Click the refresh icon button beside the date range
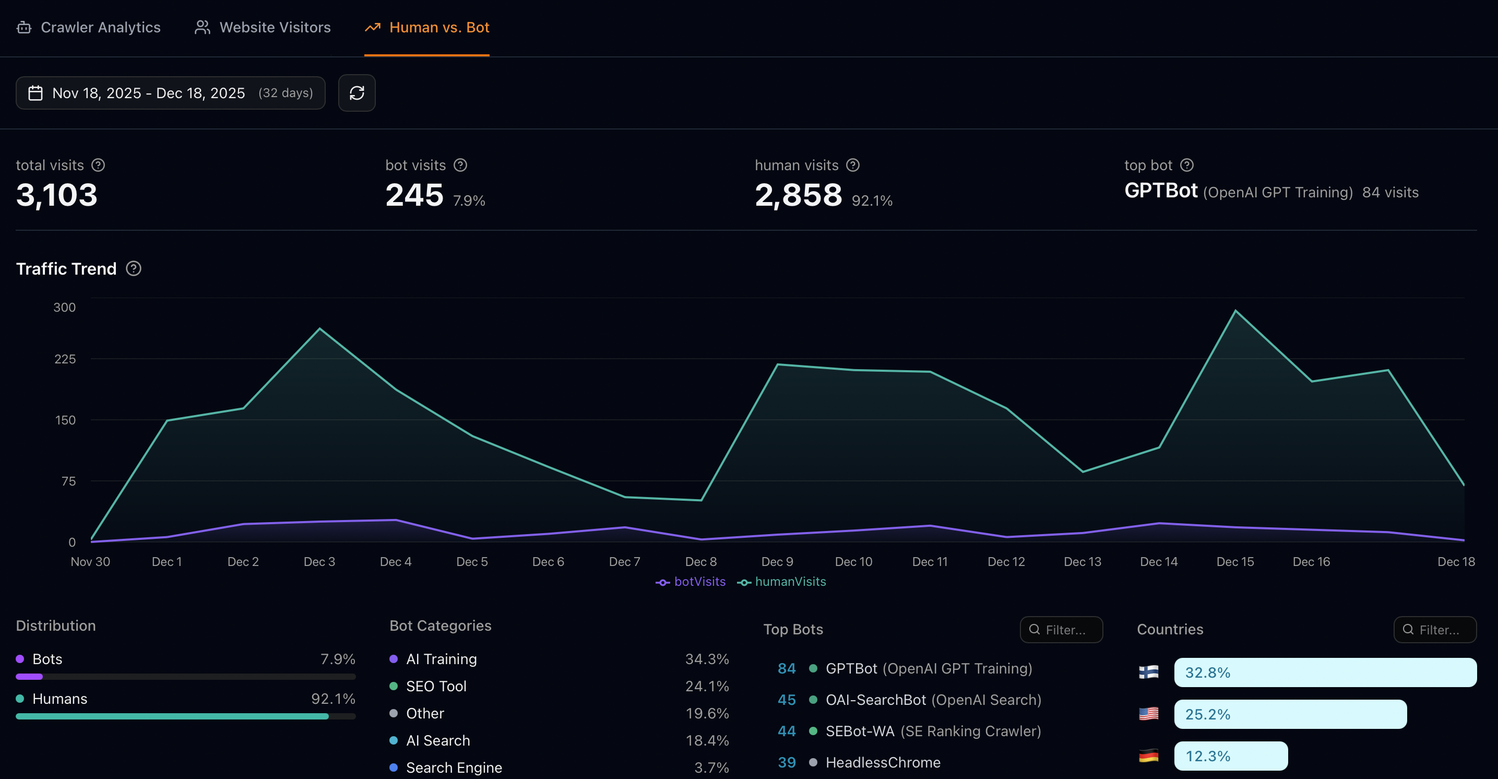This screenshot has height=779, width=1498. [x=356, y=93]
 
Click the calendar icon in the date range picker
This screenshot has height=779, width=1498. [x=35, y=93]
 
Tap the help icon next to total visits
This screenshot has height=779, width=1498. [x=98, y=165]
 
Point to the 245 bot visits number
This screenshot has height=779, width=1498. [x=414, y=195]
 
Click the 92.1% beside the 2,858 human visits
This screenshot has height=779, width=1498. [x=872, y=200]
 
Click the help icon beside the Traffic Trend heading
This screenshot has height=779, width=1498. [x=134, y=269]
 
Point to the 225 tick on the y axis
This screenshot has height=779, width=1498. [x=65, y=359]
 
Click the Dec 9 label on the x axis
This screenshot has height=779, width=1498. [x=777, y=561]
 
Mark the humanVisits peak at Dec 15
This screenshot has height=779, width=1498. [x=1235, y=311]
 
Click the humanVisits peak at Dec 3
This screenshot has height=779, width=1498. [x=319, y=329]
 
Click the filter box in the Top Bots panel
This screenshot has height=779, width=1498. [x=1061, y=630]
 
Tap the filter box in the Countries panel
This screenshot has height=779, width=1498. [x=1435, y=630]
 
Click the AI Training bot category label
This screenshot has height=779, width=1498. [x=441, y=659]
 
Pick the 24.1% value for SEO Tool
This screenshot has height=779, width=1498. [x=707, y=687]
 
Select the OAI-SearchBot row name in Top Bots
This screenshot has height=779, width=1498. [x=875, y=700]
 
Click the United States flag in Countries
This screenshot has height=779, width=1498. [x=1148, y=714]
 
